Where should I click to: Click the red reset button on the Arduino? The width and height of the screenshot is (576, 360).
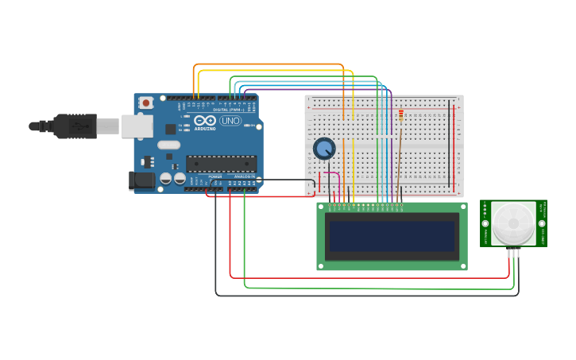click(146, 103)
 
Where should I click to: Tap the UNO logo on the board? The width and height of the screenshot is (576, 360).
click(230, 121)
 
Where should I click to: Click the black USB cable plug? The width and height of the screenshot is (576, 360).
click(75, 126)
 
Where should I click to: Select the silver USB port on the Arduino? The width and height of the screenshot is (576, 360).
click(137, 126)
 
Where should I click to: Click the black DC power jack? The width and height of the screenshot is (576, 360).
click(143, 180)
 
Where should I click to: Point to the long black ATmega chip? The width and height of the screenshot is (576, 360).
click(220, 164)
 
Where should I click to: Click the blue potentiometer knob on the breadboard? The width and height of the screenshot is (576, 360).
click(324, 149)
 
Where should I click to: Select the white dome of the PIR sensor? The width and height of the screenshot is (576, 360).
click(512, 223)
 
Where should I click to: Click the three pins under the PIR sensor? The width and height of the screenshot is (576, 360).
click(513, 253)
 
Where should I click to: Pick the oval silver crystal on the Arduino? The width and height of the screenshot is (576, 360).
click(169, 145)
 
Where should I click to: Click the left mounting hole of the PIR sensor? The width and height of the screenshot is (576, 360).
click(485, 223)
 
